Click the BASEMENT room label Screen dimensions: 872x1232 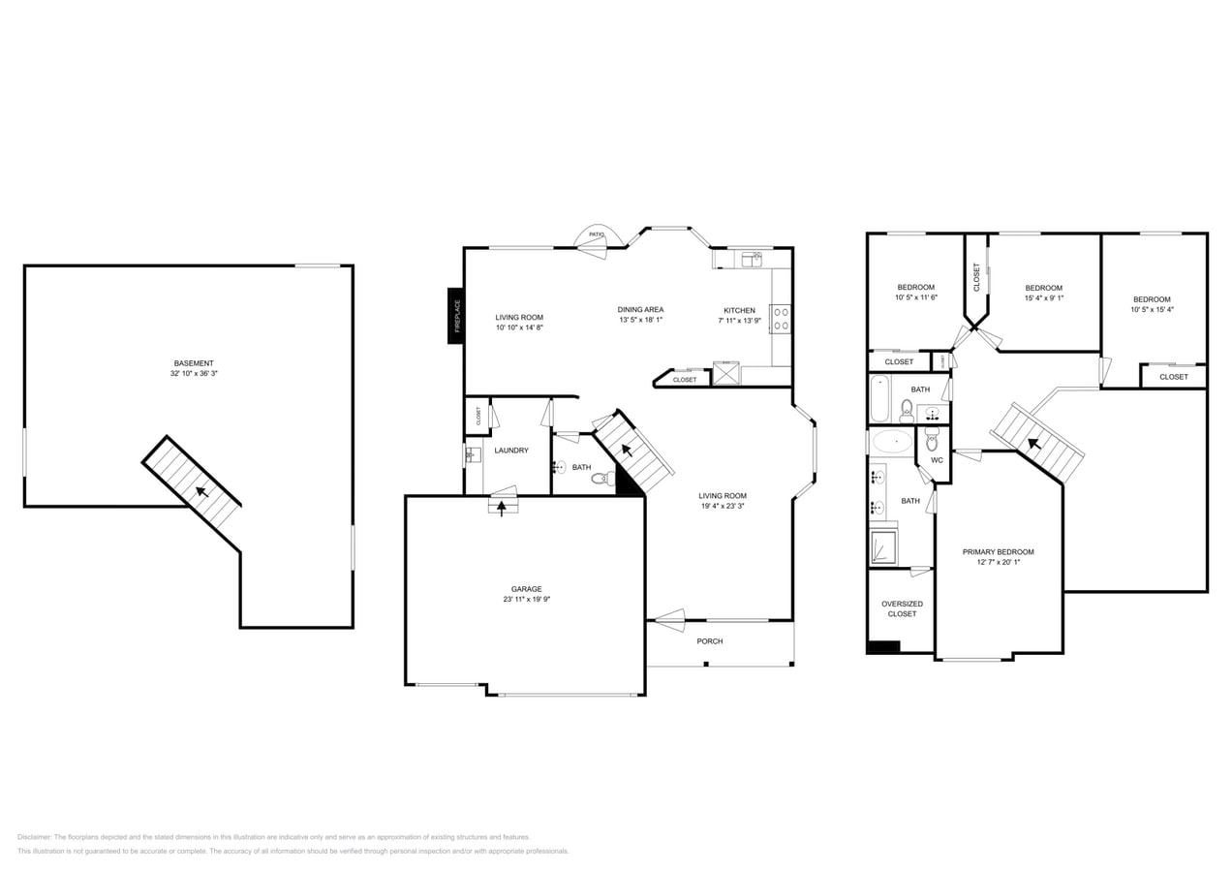(x=194, y=363)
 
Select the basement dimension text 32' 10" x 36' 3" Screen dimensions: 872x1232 (x=194, y=374)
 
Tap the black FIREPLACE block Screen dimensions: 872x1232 (x=455, y=315)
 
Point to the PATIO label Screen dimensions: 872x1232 (x=596, y=234)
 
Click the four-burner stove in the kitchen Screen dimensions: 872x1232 (x=781, y=319)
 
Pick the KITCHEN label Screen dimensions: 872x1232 (x=739, y=310)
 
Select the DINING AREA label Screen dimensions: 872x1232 (x=640, y=309)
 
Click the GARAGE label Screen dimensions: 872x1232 (x=526, y=589)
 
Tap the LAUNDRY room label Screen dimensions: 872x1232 (x=511, y=451)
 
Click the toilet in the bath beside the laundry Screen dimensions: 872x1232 (x=601, y=478)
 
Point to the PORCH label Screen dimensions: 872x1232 (x=710, y=641)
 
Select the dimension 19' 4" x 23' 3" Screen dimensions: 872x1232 (x=723, y=506)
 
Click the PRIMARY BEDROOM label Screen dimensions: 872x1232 (x=998, y=552)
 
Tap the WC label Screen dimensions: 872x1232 (x=937, y=460)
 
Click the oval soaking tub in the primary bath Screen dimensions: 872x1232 (x=892, y=443)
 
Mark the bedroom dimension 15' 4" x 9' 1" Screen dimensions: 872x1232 (x=1044, y=298)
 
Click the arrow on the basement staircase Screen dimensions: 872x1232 (x=201, y=491)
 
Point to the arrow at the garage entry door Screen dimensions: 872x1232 (x=502, y=508)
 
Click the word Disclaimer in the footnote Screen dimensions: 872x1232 (x=34, y=837)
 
